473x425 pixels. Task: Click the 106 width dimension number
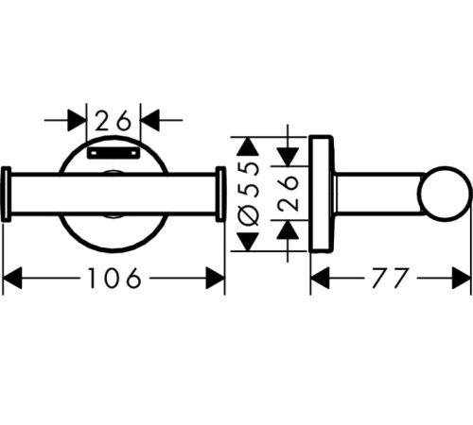point(114,278)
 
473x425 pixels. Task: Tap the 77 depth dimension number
point(390,278)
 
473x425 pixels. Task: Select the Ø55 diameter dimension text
point(252,195)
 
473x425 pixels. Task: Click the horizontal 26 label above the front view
point(113,120)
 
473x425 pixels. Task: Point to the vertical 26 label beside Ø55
point(289,193)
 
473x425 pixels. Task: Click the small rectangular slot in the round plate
point(113,153)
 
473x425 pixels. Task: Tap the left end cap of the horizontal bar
point(7,194)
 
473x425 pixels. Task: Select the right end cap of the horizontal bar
point(220,194)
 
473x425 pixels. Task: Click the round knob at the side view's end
point(445,194)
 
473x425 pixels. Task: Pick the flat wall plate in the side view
point(321,194)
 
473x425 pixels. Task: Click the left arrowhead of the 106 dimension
point(12,278)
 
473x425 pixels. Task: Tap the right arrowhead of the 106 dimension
point(216,278)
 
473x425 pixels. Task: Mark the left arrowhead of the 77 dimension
point(320,278)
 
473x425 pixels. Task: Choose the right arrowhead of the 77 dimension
point(462,278)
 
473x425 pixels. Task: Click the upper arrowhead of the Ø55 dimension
point(248,146)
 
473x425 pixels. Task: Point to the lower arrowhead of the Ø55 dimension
point(248,242)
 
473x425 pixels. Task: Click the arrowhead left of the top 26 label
point(77,120)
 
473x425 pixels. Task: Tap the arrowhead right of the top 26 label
point(150,120)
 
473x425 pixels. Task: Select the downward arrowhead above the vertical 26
point(288,157)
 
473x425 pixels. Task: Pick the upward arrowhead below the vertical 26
point(288,230)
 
